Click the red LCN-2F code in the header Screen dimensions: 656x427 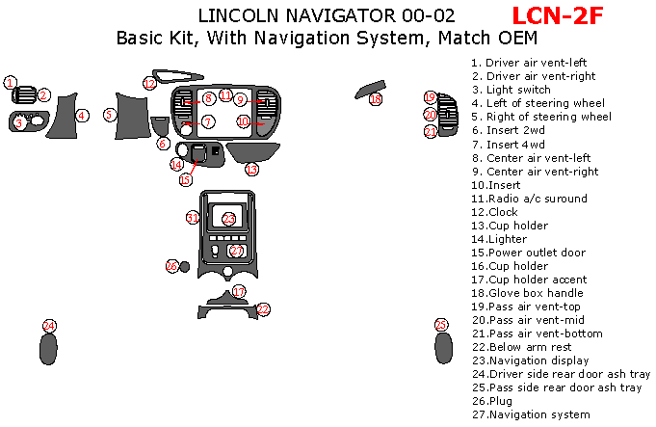tap(558, 16)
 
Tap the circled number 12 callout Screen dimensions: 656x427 tap(149, 84)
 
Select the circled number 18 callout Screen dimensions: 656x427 tap(376, 99)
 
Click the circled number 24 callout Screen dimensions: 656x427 tap(49, 326)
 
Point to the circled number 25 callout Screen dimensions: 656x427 tap(441, 325)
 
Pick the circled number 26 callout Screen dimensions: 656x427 tap(172, 266)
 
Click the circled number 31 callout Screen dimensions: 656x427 tap(193, 218)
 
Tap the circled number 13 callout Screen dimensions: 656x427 tap(251, 170)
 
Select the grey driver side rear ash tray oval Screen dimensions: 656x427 tap(48, 349)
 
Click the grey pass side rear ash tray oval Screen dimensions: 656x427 tap(443, 348)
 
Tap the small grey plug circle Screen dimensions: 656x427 tap(184, 267)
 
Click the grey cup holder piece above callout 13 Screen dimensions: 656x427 tap(252, 152)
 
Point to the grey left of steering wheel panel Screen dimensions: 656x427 tap(63, 116)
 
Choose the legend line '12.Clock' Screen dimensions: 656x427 tap(494, 212)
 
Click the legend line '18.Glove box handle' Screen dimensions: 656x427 tap(527, 293)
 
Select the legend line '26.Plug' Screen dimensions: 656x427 tap(492, 401)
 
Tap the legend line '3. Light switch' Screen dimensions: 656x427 tap(512, 90)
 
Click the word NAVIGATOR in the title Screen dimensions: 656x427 tap(340, 16)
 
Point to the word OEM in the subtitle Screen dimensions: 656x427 tap(517, 38)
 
